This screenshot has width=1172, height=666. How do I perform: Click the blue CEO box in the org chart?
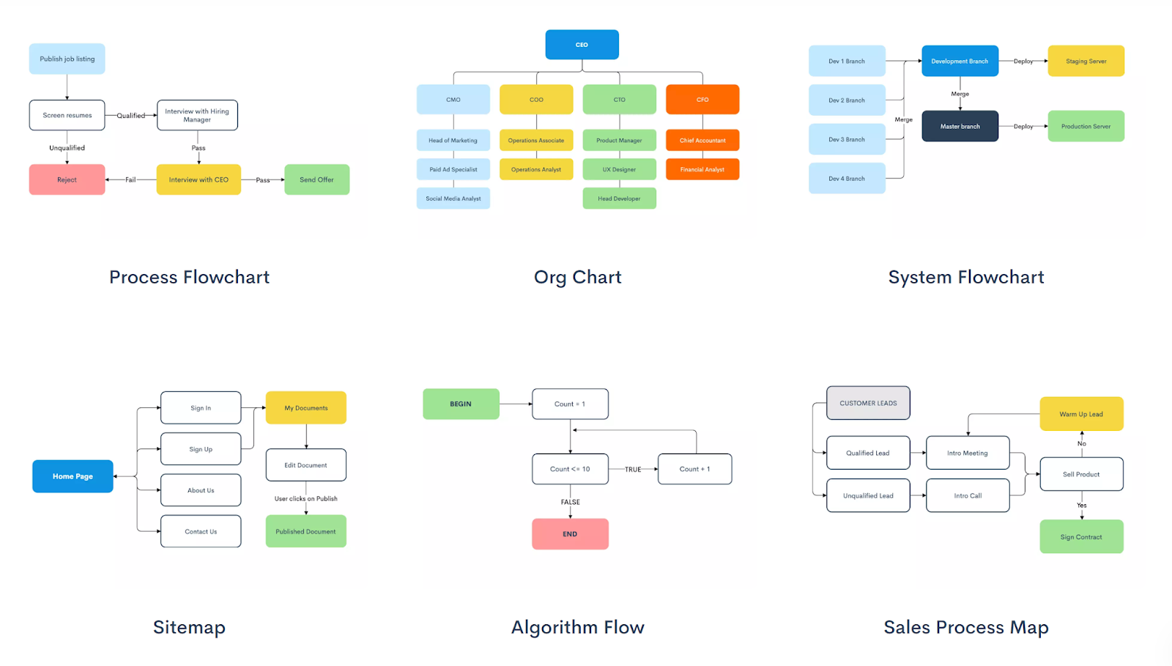[x=582, y=45]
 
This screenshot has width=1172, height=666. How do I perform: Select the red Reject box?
[x=67, y=180]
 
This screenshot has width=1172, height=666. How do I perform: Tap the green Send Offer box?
[x=316, y=180]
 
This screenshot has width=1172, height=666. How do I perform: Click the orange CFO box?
[x=702, y=100]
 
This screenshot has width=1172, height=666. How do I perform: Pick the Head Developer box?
[x=619, y=199]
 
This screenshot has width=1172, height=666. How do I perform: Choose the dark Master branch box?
[x=960, y=126]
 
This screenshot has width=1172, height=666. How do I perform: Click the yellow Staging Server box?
[x=1086, y=62]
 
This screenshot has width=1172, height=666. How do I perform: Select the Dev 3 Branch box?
[x=846, y=139]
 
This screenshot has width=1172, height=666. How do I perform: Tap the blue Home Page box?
[x=73, y=476]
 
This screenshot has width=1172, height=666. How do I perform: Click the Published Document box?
[x=305, y=531]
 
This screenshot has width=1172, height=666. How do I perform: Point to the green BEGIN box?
[x=461, y=404]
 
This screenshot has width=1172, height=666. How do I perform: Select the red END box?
[x=570, y=534]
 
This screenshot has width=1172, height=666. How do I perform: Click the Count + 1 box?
[x=694, y=469]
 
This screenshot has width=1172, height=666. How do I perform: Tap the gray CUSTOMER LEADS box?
[x=868, y=403]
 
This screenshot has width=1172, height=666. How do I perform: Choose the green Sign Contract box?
[x=1081, y=537]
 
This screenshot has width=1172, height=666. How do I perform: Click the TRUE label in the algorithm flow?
[x=633, y=470]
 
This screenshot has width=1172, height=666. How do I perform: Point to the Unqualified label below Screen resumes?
[x=67, y=148]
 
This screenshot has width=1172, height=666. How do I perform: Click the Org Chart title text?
[x=577, y=277]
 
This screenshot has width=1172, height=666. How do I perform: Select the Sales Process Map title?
[x=965, y=627]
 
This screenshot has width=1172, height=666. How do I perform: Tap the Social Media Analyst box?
[x=453, y=199]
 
